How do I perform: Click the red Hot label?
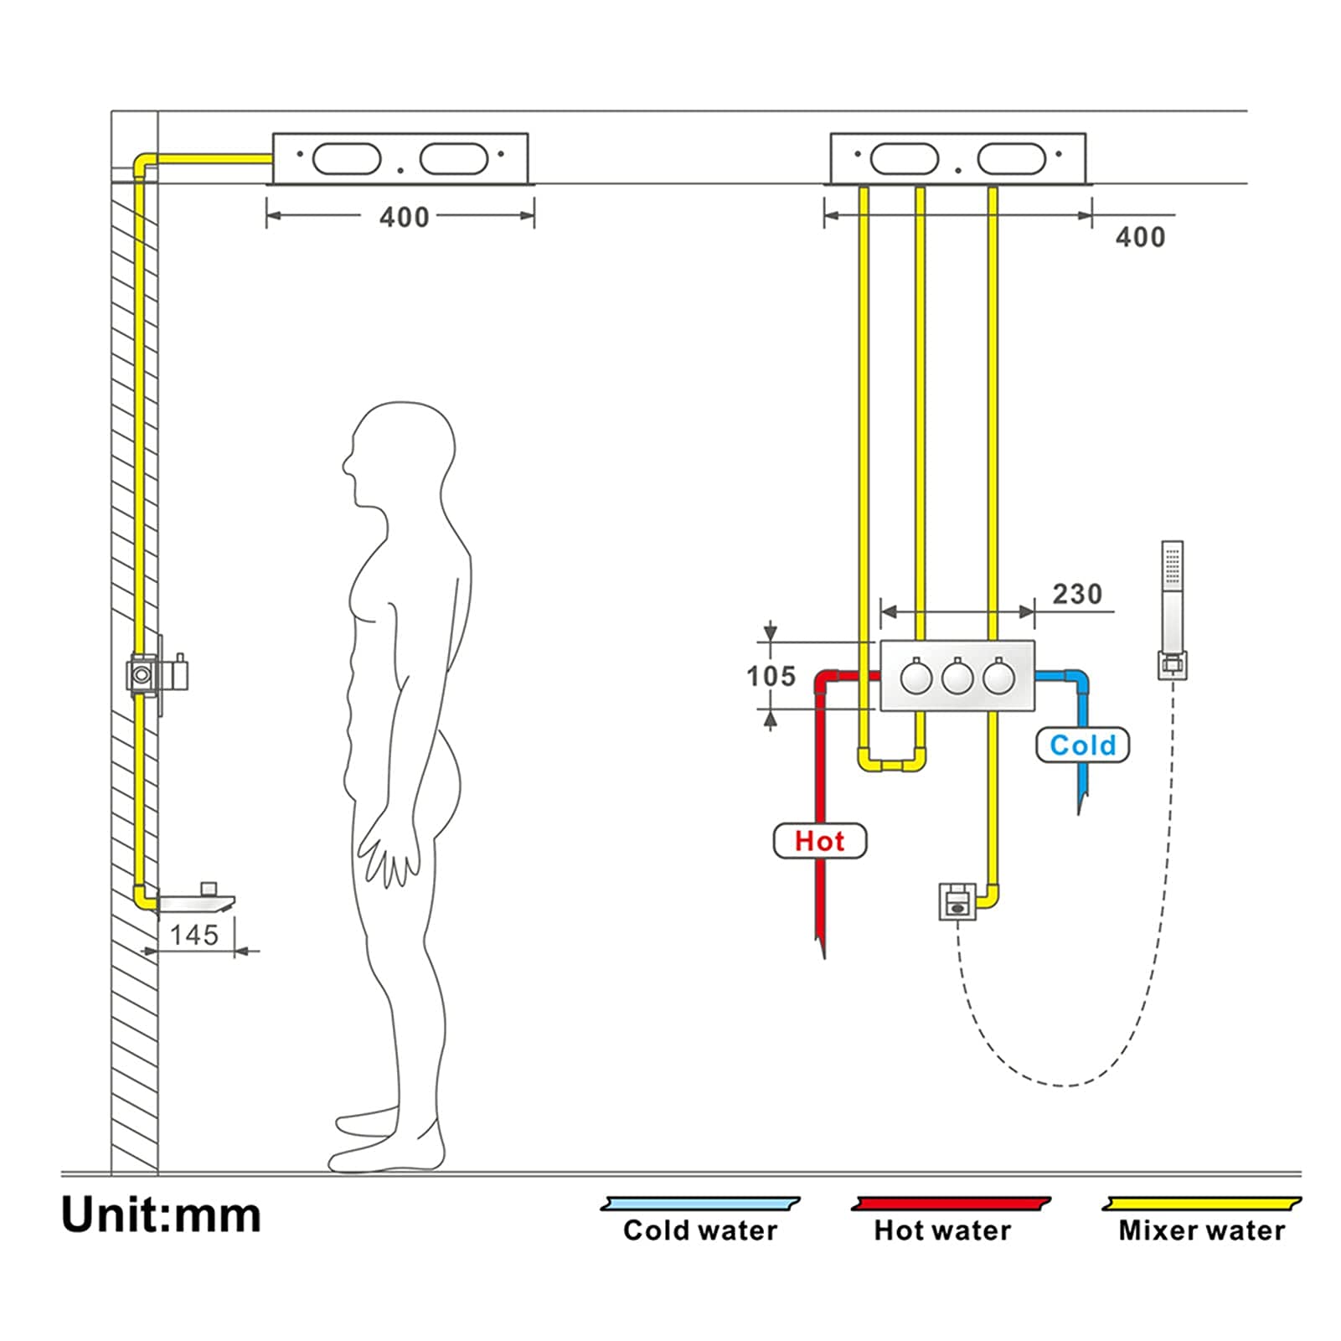pyautogui.click(x=819, y=841)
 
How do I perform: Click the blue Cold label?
pyautogui.click(x=1082, y=745)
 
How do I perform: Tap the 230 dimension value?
pyautogui.click(x=1077, y=594)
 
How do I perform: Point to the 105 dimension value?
pyautogui.click(x=771, y=676)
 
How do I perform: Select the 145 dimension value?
pyautogui.click(x=193, y=935)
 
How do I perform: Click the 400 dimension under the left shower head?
pyautogui.click(x=404, y=217)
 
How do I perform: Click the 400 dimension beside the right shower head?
pyautogui.click(x=1140, y=237)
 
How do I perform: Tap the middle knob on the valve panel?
pyautogui.click(x=957, y=677)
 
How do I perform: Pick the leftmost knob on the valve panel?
pyautogui.click(x=916, y=677)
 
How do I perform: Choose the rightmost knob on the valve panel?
pyautogui.click(x=998, y=677)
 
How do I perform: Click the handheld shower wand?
pyautogui.click(x=1173, y=609)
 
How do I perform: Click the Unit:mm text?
pyautogui.click(x=161, y=1215)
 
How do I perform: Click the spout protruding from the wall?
pyautogui.click(x=196, y=902)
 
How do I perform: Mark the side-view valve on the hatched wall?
pyautogui.click(x=157, y=673)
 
